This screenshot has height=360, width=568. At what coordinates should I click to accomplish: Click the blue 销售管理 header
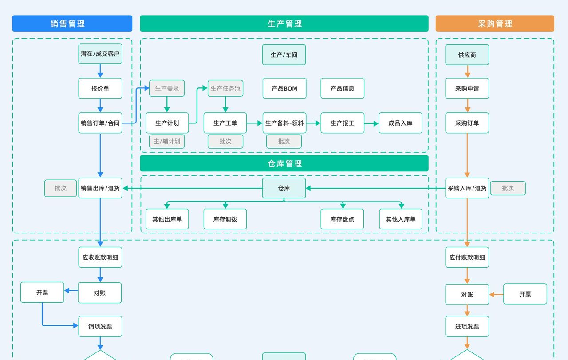[72, 24]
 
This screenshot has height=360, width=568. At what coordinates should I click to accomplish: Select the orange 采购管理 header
[495, 24]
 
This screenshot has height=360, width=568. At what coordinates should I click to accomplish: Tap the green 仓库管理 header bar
[284, 163]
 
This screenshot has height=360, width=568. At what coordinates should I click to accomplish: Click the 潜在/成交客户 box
[100, 54]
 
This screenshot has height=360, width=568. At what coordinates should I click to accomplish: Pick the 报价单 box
[100, 88]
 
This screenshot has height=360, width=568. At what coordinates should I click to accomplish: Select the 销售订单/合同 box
[100, 123]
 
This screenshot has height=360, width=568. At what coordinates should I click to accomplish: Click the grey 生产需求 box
[167, 88]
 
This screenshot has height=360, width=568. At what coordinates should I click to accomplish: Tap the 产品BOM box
[284, 88]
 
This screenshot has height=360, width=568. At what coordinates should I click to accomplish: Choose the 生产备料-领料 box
[284, 123]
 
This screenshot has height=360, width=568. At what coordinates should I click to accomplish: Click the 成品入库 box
[400, 123]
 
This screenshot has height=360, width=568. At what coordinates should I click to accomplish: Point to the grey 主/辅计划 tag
[167, 141]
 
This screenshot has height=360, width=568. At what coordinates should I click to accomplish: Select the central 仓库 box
[284, 188]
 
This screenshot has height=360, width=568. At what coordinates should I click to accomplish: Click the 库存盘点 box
[342, 219]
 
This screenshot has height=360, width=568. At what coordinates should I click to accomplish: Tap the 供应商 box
[467, 55]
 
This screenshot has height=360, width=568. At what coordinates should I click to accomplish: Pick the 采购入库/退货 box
[467, 188]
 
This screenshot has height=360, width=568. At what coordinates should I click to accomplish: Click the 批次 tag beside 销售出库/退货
[60, 188]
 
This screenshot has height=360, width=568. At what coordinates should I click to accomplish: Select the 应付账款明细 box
[467, 257]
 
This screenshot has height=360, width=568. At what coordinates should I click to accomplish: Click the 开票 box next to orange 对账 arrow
[525, 294]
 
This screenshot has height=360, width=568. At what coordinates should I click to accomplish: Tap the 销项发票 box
[100, 326]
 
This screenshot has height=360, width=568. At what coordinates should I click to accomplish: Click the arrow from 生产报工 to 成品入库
[371, 123]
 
